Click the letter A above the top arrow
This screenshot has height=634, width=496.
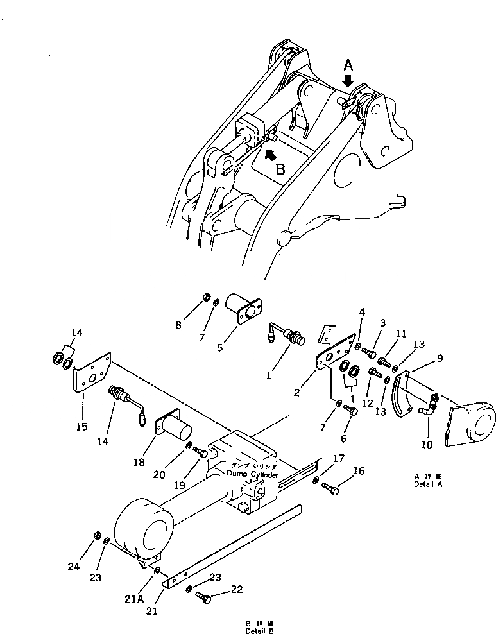348,64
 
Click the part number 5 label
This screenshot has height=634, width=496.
219,348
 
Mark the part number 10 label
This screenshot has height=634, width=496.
428,444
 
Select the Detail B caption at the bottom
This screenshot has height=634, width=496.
259,628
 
